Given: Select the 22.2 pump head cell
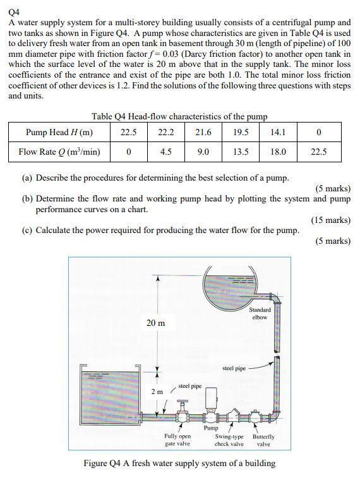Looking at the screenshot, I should (167, 132).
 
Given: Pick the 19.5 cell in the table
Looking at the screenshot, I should (241, 132).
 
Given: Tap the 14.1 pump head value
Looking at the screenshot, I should (278, 132).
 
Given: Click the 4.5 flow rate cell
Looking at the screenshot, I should (167, 152).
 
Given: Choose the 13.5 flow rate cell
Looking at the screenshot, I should (241, 152).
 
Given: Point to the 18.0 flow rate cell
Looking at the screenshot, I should (278, 152).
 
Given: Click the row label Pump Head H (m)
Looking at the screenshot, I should (59, 132).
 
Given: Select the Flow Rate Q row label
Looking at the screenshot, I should (59, 152).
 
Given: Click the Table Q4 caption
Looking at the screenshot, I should (179, 116).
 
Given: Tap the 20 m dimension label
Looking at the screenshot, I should (156, 323).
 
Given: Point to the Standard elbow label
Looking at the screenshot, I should (260, 313).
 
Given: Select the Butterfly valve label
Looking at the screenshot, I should (263, 440).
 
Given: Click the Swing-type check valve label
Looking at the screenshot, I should (229, 440).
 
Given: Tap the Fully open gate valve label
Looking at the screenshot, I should (177, 440).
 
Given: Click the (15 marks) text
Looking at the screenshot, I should (330, 220).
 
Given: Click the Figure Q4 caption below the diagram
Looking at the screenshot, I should (179, 463).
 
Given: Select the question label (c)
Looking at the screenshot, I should (27, 231).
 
